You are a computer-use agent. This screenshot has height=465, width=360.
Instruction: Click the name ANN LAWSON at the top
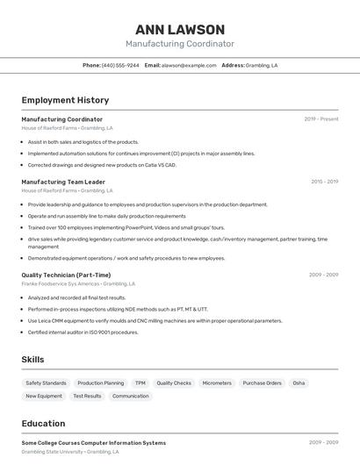click(x=179, y=30)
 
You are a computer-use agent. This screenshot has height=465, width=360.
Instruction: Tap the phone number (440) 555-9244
click(x=120, y=65)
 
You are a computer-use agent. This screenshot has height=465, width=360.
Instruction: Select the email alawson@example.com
click(x=189, y=65)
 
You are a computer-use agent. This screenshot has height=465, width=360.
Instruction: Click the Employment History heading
click(x=65, y=100)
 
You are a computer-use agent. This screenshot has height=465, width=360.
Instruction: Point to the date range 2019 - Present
click(x=321, y=119)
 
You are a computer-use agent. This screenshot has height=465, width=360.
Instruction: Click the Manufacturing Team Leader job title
click(x=63, y=182)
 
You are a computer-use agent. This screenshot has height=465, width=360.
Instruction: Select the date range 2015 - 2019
click(x=324, y=182)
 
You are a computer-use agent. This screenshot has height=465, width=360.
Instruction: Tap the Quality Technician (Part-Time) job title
click(x=66, y=275)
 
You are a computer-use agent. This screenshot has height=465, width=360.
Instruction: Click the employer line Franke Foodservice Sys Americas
click(x=78, y=284)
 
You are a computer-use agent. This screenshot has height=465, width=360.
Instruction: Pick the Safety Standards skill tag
click(x=46, y=383)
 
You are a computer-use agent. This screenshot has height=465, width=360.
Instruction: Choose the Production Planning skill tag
click(x=101, y=383)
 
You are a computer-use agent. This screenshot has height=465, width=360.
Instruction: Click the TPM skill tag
click(x=140, y=383)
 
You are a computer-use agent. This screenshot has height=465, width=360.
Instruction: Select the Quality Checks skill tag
click(x=174, y=383)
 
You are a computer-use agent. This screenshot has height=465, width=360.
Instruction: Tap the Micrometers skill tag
click(x=217, y=383)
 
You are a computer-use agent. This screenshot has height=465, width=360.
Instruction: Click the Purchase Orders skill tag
click(x=262, y=383)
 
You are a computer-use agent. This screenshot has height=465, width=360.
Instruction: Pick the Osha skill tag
click(x=299, y=383)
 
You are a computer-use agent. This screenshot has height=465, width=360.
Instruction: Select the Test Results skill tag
click(x=87, y=397)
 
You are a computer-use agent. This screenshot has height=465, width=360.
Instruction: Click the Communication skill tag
click(x=131, y=397)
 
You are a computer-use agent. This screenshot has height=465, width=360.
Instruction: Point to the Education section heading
click(x=43, y=423)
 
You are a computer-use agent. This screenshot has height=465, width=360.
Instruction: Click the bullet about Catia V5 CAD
click(x=102, y=165)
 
